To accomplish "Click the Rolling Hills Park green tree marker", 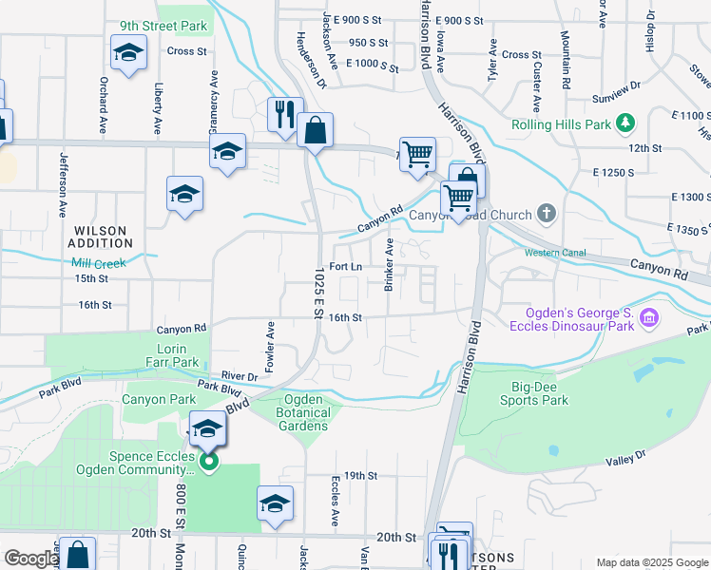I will [625, 123].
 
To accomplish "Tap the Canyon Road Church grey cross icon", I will [546, 213].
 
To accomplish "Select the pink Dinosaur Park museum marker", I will [650, 317].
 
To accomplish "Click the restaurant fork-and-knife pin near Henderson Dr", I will [284, 115].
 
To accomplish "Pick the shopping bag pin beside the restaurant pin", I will [315, 130].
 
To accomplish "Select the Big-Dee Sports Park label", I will [534, 393].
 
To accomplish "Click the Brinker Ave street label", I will [388, 265].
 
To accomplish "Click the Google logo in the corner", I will [31, 559].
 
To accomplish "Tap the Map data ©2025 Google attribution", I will [651, 562].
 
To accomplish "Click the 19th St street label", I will [361, 475].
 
